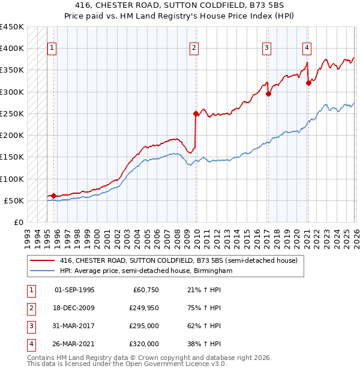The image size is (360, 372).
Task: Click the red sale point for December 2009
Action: click(196, 113)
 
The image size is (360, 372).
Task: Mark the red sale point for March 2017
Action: click(268, 94)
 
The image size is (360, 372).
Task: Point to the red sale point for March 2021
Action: click(308, 83)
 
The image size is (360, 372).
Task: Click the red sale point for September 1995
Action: click(53, 196)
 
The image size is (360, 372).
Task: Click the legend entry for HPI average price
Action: click(145, 271)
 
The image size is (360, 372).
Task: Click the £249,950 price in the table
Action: click(143, 308)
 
